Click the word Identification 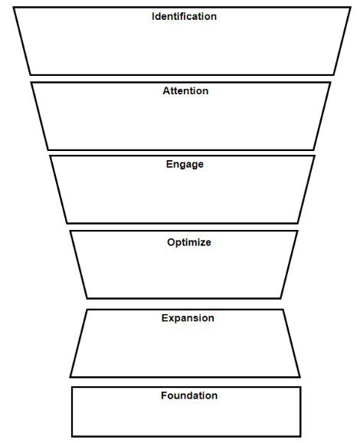[x=184, y=16]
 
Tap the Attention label [x=185, y=91]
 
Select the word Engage [x=185, y=165]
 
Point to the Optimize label [x=189, y=242]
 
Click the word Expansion [x=188, y=318]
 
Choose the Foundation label [x=189, y=395]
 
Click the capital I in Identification [x=153, y=16]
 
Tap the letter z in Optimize [x=202, y=243]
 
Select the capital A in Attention [x=166, y=91]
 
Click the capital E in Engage [x=169, y=164]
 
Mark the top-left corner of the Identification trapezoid [x=14, y=8]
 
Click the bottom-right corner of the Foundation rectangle [x=300, y=436]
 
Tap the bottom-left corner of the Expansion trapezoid [x=70, y=376]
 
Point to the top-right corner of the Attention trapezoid [x=330, y=83]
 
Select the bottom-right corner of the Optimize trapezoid [x=280, y=298]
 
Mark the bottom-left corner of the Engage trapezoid [x=67, y=223]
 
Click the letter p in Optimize [x=178, y=244]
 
